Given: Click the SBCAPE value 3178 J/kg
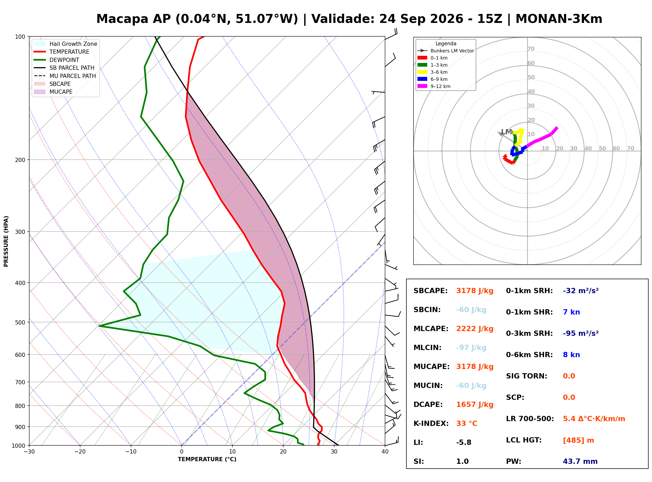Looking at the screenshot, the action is click(x=475, y=291).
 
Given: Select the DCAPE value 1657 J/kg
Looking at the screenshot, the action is click(x=475, y=405).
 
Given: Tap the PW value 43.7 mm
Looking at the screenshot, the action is click(x=580, y=461).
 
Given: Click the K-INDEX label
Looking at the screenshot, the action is click(x=431, y=424).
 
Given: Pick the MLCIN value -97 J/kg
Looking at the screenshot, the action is click(x=471, y=348).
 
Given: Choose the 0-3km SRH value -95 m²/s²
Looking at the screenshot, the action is click(x=581, y=333).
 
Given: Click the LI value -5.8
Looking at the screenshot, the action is click(x=464, y=442).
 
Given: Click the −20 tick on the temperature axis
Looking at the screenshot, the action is click(x=80, y=452).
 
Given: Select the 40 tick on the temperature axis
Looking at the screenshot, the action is click(x=385, y=452).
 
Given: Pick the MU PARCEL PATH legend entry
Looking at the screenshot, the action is click(x=65, y=76).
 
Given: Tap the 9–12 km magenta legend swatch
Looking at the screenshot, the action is click(x=422, y=86).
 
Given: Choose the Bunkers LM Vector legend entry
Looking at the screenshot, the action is click(x=446, y=51).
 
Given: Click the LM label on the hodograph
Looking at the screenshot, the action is click(x=507, y=132).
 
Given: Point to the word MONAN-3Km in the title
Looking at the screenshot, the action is click(x=559, y=19).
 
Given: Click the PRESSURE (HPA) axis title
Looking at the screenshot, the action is click(x=6, y=241).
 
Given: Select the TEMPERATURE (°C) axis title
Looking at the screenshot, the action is click(x=207, y=459).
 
